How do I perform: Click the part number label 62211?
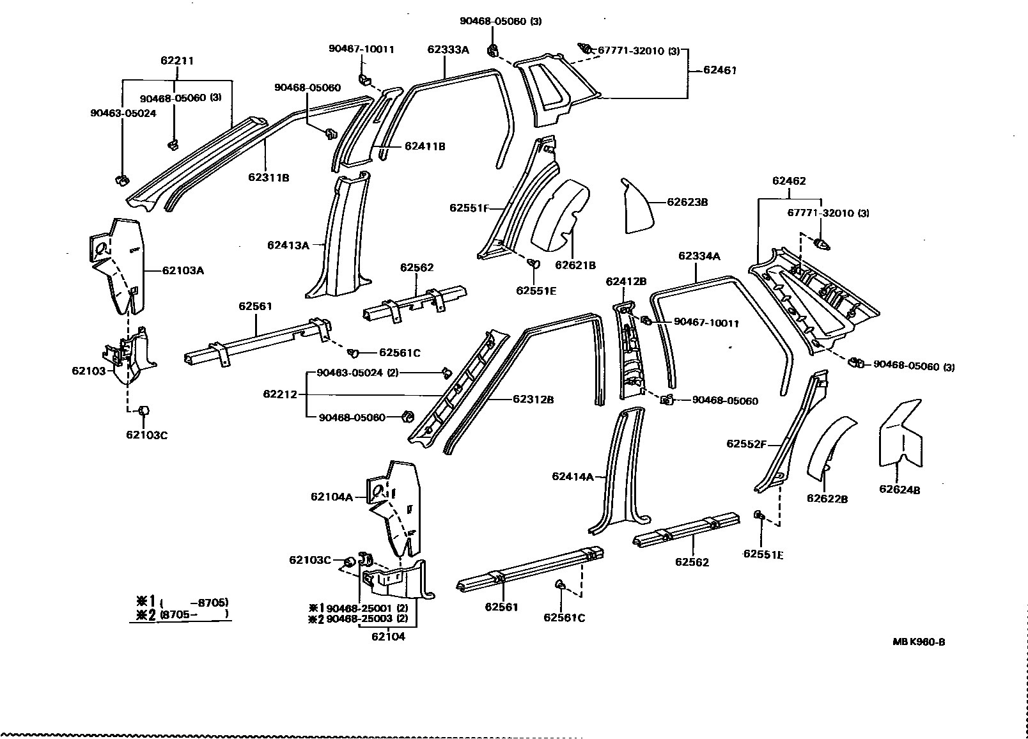[177, 61]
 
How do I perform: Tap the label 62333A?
[448, 49]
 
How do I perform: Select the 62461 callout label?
[720, 70]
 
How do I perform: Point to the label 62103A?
[183, 270]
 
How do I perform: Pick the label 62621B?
[575, 265]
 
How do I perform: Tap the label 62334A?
[699, 256]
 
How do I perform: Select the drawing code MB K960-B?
[919, 642]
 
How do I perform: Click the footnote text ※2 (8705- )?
[181, 614]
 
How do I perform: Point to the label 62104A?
[332, 496]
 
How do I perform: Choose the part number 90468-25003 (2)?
[366, 619]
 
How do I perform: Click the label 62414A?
[573, 476]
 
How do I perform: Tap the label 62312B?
[533, 400]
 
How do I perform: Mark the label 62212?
[280, 394]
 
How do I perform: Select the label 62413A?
[288, 245]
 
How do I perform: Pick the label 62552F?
[746, 444]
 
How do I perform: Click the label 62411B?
[424, 146]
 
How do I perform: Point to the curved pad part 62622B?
[830, 451]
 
